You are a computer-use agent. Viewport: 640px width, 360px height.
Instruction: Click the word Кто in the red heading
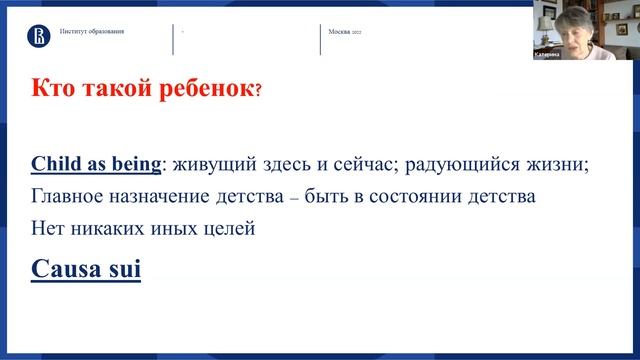click(x=54, y=89)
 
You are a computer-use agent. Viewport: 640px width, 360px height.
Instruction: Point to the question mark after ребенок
click(x=259, y=91)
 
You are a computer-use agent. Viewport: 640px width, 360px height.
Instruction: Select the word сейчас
click(x=357, y=165)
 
